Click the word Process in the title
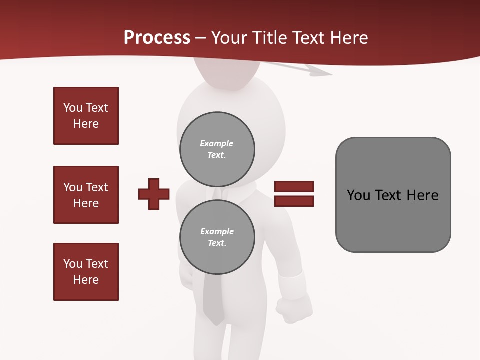157,38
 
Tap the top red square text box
86,116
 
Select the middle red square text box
86,195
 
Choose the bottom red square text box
86,272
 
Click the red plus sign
154,194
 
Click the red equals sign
294,194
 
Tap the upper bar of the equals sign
294,187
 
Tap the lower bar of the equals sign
294,201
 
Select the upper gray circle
217,149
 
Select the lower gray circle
217,237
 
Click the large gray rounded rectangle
393,195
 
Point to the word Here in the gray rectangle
422,195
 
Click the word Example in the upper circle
216,143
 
